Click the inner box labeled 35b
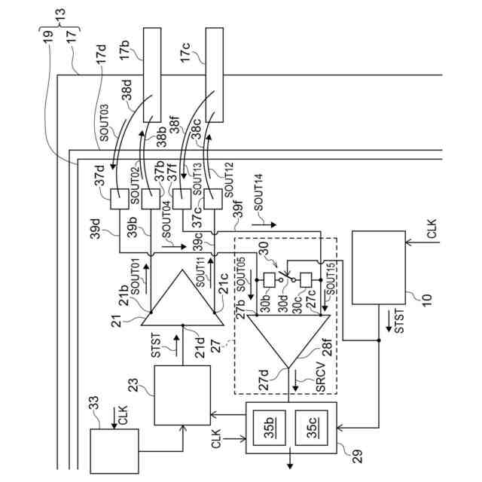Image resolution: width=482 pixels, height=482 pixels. tap(269, 428)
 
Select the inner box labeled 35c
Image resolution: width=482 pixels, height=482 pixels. tap(311, 428)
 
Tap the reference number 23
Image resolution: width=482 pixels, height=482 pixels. tap(133, 385)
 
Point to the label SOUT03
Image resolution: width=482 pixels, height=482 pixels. tap(104, 123)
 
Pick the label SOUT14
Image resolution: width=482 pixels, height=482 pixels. tap(258, 193)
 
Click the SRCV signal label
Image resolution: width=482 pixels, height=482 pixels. tap(320, 377)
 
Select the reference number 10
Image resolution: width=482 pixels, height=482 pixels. tap(427, 299)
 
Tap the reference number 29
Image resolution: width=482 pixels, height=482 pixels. tap(357, 456)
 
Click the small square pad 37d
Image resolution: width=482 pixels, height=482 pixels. tap(119, 199)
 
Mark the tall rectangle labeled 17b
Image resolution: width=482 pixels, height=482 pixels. tap(152, 75)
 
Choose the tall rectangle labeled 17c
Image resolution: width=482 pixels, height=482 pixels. tap(214, 75)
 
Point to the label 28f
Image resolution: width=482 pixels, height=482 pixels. tap(328, 347)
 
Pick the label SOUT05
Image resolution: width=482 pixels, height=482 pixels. tap(242, 274)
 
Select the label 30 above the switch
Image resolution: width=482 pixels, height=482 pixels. tap(264, 249)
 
